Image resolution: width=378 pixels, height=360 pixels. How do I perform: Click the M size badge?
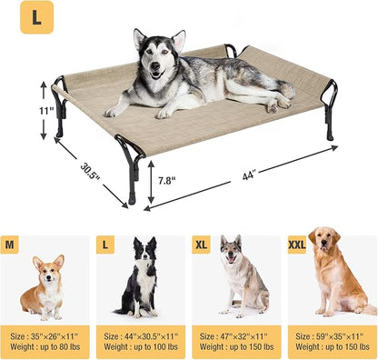11,245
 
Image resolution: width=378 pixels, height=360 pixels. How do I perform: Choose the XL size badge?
202,245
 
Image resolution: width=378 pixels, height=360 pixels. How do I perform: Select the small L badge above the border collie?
106,245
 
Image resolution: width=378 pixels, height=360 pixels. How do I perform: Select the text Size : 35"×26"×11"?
47,335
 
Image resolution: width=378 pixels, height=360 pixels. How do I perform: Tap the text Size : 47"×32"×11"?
235,335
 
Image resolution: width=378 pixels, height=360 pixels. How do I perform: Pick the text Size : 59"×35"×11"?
331,335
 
